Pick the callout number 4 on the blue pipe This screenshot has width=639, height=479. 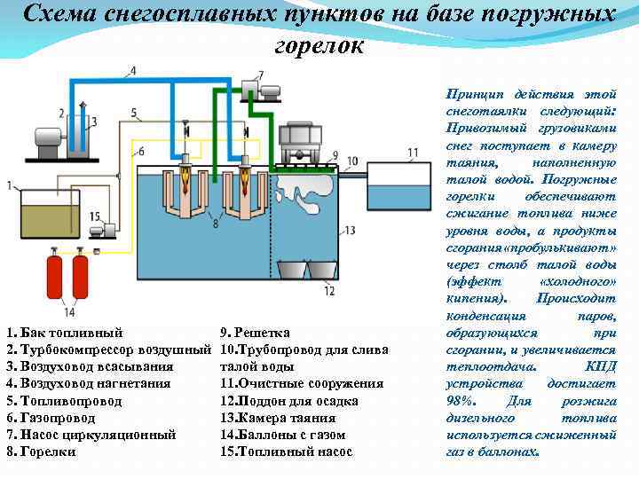click(133, 70)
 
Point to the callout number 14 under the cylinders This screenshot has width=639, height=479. click(69, 312)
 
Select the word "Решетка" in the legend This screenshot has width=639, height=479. click(262, 333)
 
